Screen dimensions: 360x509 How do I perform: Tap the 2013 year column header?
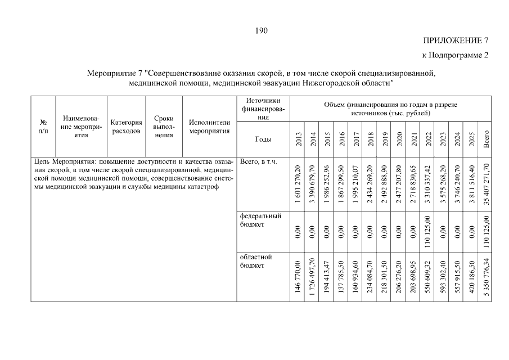pos(298,138)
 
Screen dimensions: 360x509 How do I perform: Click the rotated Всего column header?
pos(487,138)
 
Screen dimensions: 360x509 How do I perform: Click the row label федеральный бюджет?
pos(260,220)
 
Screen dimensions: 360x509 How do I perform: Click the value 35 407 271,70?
pos(487,184)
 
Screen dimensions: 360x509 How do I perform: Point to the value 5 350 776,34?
pos(487,277)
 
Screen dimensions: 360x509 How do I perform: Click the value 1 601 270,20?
pos(298,184)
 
